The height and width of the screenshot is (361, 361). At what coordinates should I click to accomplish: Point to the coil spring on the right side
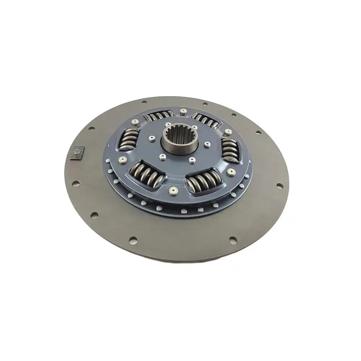tap(230, 148)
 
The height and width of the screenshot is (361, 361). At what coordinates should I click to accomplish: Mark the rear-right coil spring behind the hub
tap(207, 120)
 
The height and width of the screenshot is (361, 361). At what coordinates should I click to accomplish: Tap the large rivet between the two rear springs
tap(183, 111)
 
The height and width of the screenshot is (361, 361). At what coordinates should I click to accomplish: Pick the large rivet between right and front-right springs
tap(231, 171)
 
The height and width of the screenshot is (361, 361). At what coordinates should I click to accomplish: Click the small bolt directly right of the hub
tap(207, 144)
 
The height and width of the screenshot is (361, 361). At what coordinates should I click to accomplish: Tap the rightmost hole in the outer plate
tap(280, 185)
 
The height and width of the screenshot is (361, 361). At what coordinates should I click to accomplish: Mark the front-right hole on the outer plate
tap(232, 239)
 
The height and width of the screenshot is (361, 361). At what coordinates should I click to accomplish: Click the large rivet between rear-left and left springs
tap(135, 122)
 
